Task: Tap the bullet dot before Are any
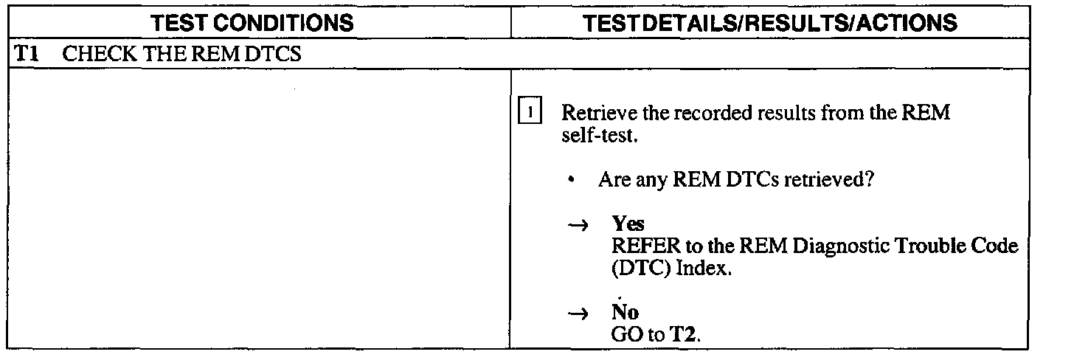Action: [572, 180]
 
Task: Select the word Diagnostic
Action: [831, 247]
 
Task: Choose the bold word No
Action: [625, 313]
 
